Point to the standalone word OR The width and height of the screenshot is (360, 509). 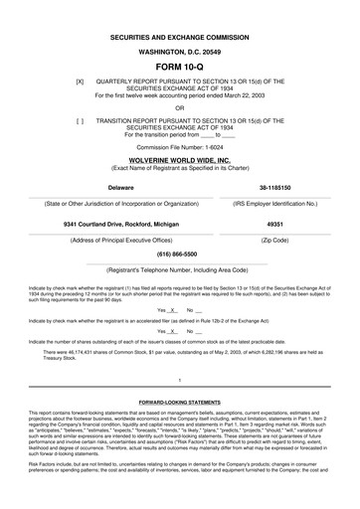coord(180,107)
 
